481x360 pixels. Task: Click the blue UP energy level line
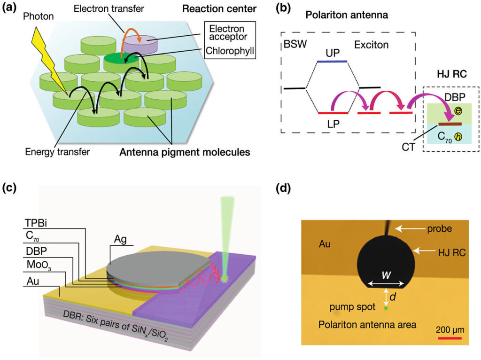tap(332, 61)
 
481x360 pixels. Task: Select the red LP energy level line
tap(332, 113)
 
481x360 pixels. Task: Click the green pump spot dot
tap(386, 308)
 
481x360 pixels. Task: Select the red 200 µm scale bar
tap(450, 337)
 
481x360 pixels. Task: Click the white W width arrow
tap(386, 283)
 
